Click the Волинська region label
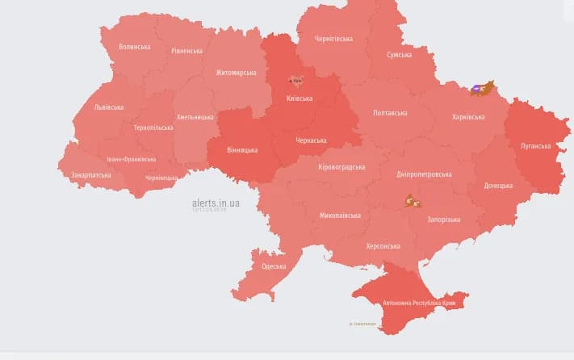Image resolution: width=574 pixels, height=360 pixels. click(134, 47)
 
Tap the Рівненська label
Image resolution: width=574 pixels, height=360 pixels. click(186, 51)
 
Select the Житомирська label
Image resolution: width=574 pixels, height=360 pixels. click(236, 73)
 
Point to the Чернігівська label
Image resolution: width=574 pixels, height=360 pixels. click(333, 39)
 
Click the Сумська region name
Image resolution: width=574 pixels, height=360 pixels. click(399, 55)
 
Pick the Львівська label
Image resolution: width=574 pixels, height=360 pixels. click(108, 107)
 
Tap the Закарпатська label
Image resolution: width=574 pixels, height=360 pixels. click(90, 174)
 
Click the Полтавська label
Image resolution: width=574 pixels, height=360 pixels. click(390, 113)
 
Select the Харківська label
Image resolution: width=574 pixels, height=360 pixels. click(468, 117)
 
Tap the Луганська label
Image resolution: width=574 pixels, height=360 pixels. click(534, 146)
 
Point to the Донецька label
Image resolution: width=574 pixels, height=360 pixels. click(498, 186)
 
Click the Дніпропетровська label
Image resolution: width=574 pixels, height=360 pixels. click(424, 174)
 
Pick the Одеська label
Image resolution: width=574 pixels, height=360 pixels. click(274, 266)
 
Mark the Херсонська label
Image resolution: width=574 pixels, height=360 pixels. click(383, 246)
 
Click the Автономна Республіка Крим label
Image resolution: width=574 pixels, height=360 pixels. click(419, 303)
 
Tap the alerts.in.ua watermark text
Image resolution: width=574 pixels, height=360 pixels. click(216, 203)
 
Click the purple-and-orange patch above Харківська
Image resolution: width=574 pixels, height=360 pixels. click(482, 88)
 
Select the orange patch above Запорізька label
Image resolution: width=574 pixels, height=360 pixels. click(413, 200)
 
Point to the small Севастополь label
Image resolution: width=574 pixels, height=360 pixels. click(362, 324)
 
